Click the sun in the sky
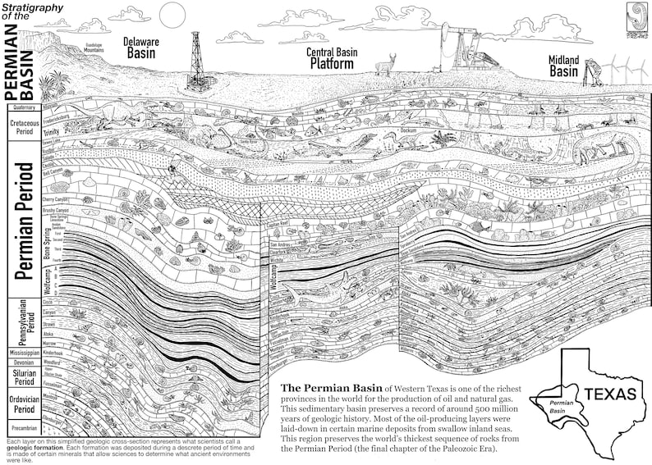pyautogui.click(x=172, y=14)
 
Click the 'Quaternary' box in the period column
pyautogui.click(x=22, y=107)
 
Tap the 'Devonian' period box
pyautogui.click(x=22, y=362)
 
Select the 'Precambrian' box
pyautogui.click(x=22, y=427)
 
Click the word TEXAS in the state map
pyautogui.click(x=610, y=394)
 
